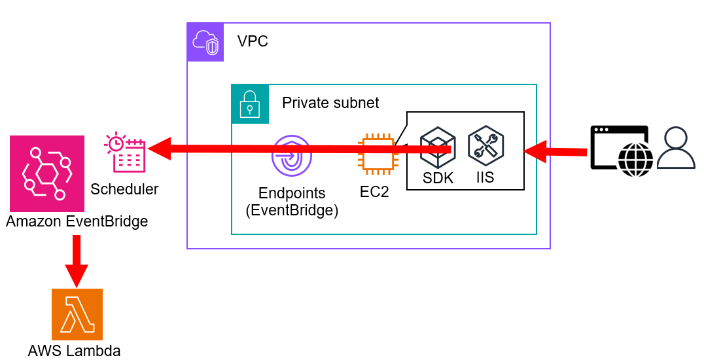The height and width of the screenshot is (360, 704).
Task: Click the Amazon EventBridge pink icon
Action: click(47, 173)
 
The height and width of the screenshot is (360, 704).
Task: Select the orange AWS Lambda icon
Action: click(77, 314)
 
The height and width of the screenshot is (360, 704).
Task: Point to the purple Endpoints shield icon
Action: click(292, 156)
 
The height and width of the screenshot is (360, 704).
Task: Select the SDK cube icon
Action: click(437, 146)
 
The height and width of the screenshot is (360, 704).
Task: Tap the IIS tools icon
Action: click(485, 145)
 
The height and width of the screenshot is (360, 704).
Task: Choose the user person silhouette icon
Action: click(676, 149)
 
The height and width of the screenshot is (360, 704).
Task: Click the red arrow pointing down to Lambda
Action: click(77, 260)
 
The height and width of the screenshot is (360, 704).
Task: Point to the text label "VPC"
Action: click(253, 42)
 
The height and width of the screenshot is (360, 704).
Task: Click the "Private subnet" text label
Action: click(330, 103)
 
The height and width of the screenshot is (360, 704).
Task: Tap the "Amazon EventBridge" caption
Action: click(77, 221)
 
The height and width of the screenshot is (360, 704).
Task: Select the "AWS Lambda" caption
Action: click(74, 350)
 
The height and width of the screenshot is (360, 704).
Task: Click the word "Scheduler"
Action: click(124, 189)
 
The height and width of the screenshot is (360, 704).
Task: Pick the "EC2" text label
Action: click(374, 193)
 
